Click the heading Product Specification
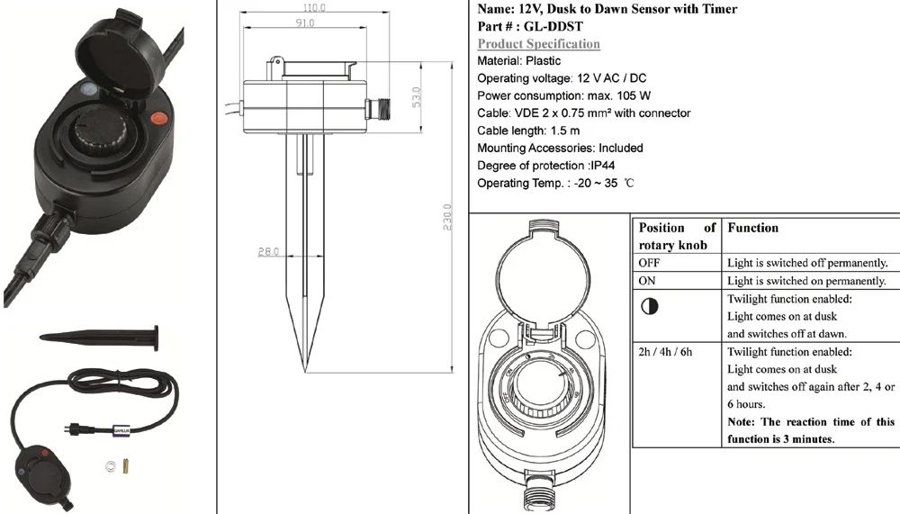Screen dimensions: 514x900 538,43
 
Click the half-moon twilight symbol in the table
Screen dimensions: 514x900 649,306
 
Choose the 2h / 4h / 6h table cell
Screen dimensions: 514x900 665,351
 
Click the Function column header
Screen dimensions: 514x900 752,229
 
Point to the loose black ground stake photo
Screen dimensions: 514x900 97,336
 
